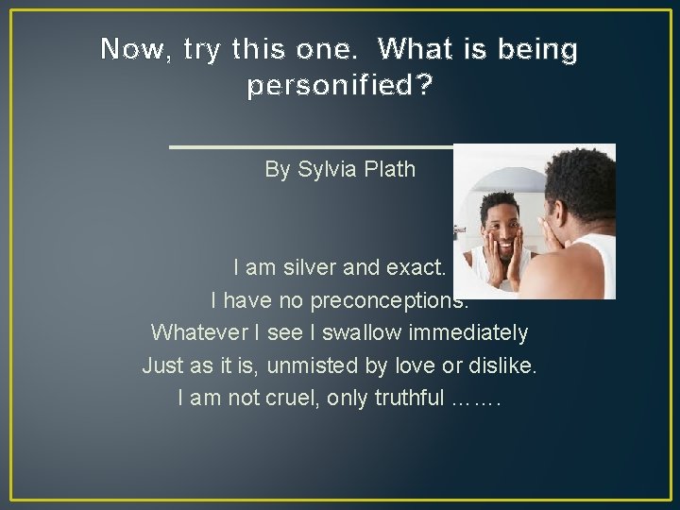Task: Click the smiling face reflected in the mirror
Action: tap(499, 236)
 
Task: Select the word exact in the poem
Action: tap(417, 268)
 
